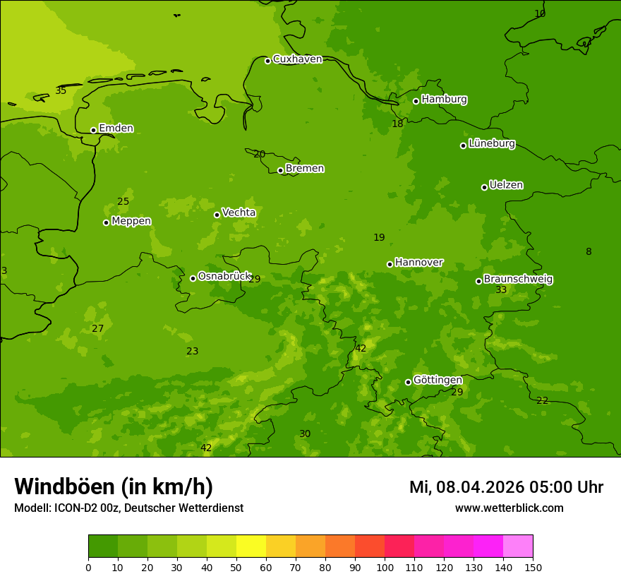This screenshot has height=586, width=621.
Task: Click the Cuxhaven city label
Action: (x=297, y=59)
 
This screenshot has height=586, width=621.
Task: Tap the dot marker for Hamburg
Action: (x=416, y=101)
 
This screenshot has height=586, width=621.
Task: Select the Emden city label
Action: (x=116, y=128)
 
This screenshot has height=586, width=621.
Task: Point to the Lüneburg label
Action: (x=491, y=143)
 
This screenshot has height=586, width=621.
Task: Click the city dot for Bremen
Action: (x=280, y=170)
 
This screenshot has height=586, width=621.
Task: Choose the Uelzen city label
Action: (x=506, y=186)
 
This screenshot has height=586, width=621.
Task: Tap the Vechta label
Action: (x=239, y=213)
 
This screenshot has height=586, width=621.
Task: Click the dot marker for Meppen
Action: (x=106, y=222)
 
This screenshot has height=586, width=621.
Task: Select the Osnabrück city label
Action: (x=224, y=277)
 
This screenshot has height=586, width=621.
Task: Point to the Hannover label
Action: (x=418, y=263)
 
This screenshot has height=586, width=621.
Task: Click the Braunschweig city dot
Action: (x=478, y=281)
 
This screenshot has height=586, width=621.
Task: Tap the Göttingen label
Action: (x=438, y=380)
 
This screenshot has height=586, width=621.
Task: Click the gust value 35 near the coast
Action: (x=61, y=91)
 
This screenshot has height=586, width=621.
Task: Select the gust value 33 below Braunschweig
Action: (x=501, y=290)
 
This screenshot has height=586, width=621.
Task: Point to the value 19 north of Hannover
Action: (x=379, y=238)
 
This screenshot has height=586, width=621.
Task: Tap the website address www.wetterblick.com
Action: (x=509, y=508)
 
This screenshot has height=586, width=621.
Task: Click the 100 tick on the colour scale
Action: (x=385, y=567)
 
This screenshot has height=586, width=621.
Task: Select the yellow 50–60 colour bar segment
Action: (x=251, y=546)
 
